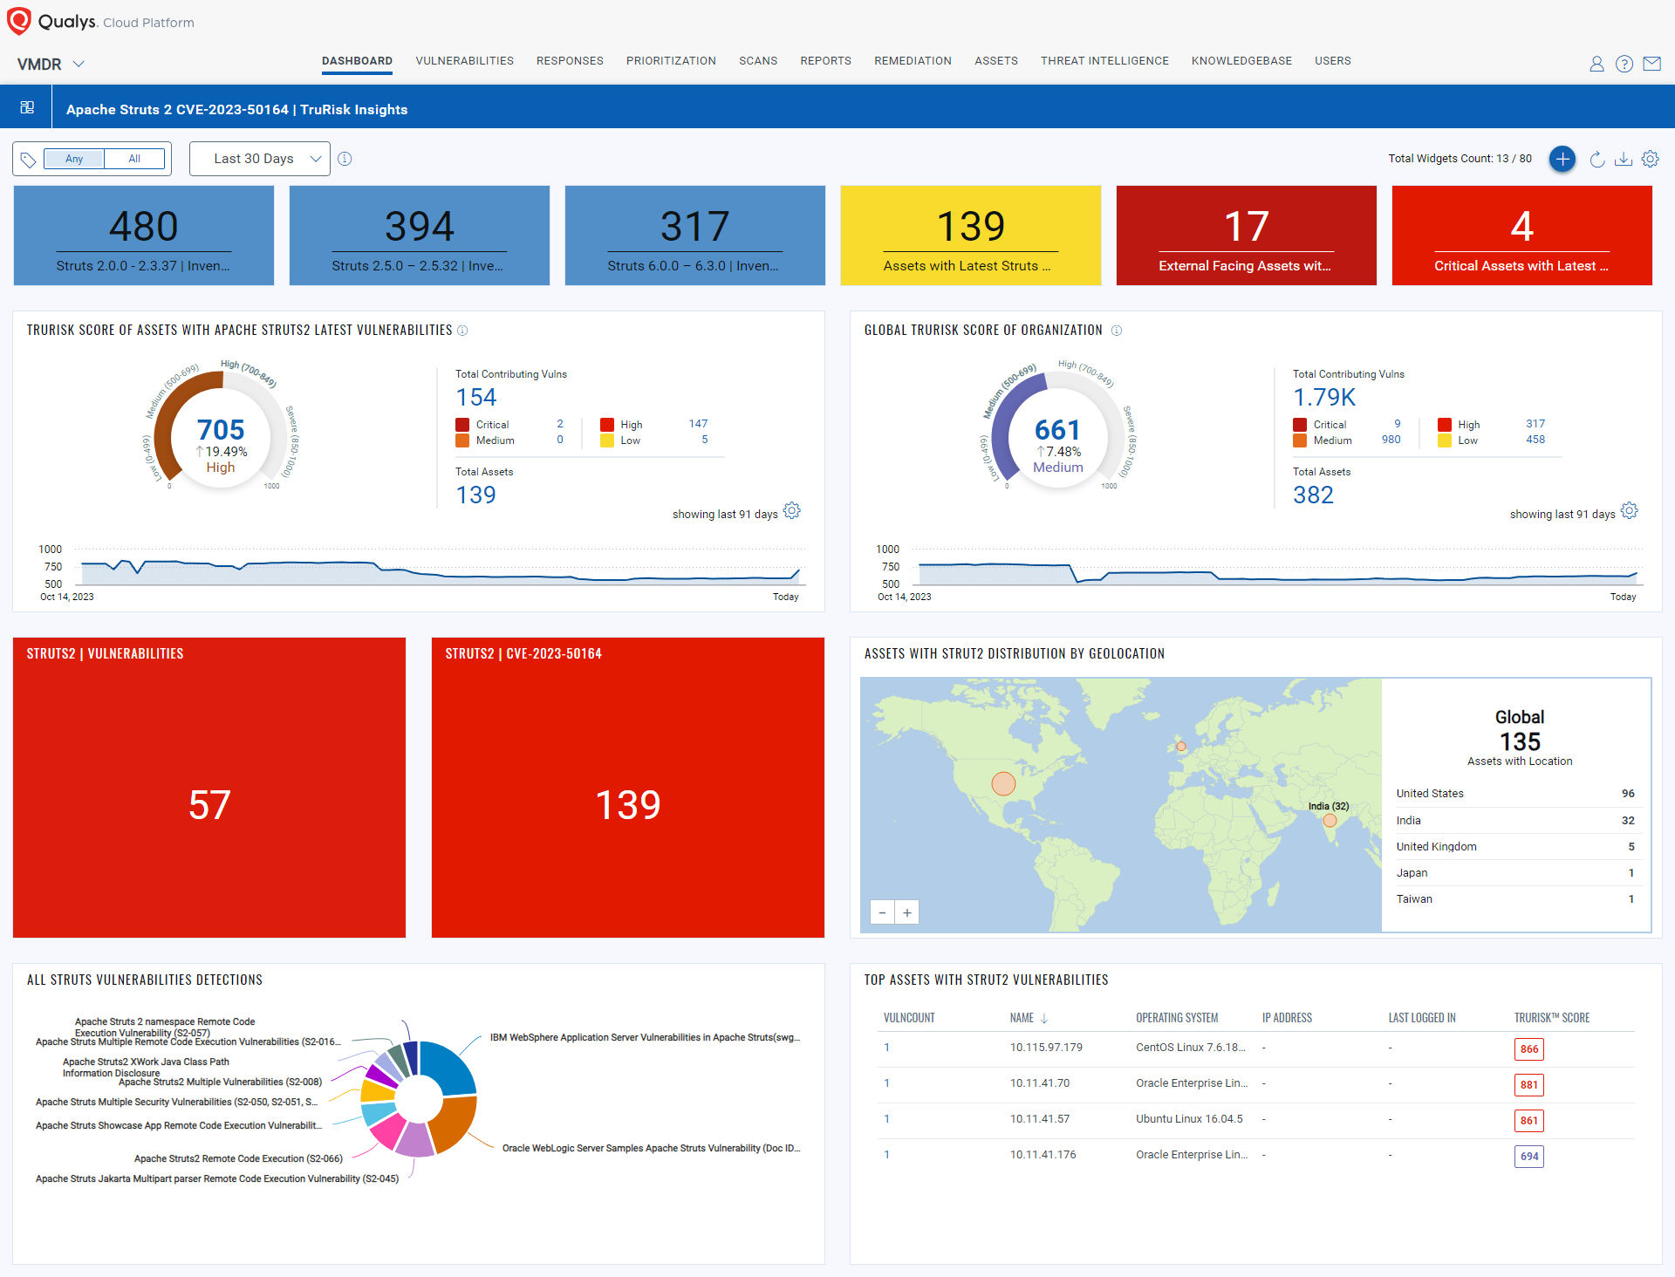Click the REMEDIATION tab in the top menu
913,61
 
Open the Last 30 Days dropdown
260,159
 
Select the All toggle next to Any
134,159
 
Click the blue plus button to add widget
1562,159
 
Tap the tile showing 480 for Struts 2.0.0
144,236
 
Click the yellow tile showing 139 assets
970,236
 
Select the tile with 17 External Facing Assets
1246,236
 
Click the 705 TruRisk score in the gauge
221,430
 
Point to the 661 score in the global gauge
1057,430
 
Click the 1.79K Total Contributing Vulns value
1324,398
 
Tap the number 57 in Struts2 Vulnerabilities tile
209,805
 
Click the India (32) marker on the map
1330,820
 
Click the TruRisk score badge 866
1528,1049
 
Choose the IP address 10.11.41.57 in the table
1040,1119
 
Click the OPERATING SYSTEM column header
1177,1018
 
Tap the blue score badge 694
1528,1157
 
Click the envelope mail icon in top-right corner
1651,64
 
